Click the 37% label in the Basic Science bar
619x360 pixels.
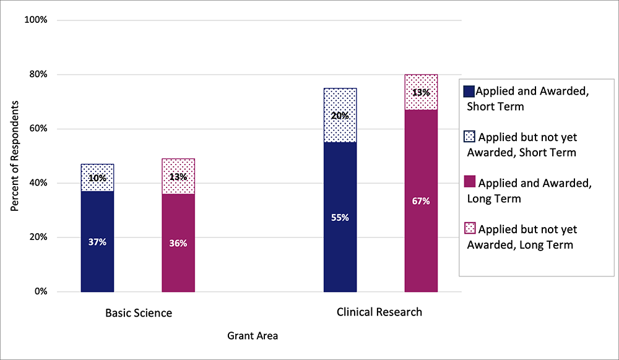coord(97,242)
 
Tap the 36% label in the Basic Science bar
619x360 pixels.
coord(178,243)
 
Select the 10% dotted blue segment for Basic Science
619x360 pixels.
coord(97,178)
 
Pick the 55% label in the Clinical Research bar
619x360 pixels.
coord(340,218)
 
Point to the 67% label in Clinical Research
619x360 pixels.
coord(421,201)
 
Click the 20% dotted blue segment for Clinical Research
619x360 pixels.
coord(340,116)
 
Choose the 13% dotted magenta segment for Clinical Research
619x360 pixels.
coord(421,93)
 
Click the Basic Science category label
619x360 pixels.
coord(138,313)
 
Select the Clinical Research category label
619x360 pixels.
coord(379,312)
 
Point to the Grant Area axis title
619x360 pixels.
coord(253,336)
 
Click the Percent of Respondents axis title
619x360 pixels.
coord(15,156)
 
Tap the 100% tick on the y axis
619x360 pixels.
coord(35,20)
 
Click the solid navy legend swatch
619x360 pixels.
coord(468,92)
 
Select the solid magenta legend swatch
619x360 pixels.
coord(468,182)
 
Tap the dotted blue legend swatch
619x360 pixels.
coord(468,137)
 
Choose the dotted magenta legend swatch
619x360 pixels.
coord(468,229)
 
